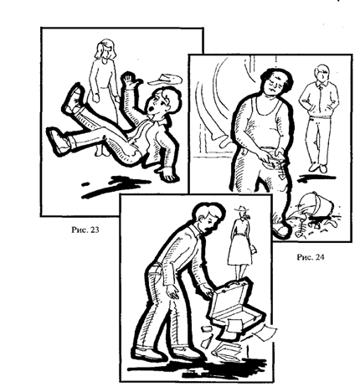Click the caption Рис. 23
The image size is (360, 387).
[x=85, y=230]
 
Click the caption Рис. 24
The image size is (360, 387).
[x=311, y=257]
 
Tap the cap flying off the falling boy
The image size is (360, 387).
[x=165, y=80]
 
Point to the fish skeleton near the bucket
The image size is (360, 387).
[x=302, y=229]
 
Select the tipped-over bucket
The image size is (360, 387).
[x=319, y=205]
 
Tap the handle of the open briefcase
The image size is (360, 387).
[x=234, y=282]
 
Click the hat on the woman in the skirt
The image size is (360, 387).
[x=242, y=209]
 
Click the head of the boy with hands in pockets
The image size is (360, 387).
[x=322, y=73]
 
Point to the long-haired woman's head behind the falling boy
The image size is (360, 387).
[x=105, y=50]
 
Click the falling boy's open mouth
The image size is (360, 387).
[x=151, y=109]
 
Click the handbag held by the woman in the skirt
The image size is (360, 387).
[x=254, y=249]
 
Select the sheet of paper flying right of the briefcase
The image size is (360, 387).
[x=267, y=332]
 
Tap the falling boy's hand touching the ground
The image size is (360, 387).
[x=170, y=175]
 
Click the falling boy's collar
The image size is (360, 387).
[x=160, y=122]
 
